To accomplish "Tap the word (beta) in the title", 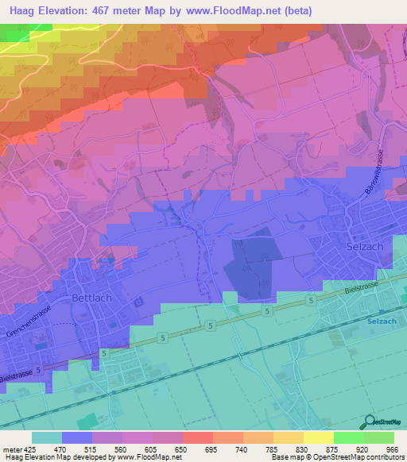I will pos(293,10).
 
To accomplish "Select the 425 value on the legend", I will pos(29,448).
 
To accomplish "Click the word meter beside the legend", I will pos(10,448).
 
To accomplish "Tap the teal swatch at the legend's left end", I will pos(47,437).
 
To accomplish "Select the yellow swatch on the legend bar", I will pos(318,437).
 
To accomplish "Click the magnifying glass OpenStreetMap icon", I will pos(370,423).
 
